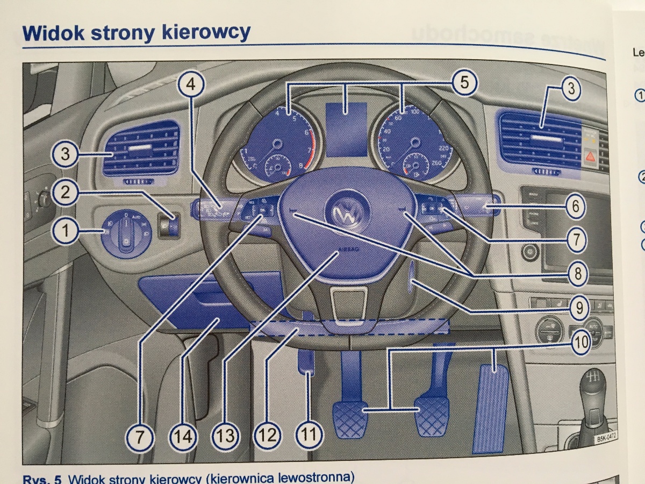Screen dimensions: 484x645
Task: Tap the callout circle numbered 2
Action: (x=66, y=193)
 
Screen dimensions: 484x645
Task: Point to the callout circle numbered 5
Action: (x=463, y=83)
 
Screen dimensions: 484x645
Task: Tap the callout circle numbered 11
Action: (x=307, y=433)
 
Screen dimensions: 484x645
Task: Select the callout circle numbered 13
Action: (x=226, y=434)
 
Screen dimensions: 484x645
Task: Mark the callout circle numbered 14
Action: (x=183, y=434)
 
